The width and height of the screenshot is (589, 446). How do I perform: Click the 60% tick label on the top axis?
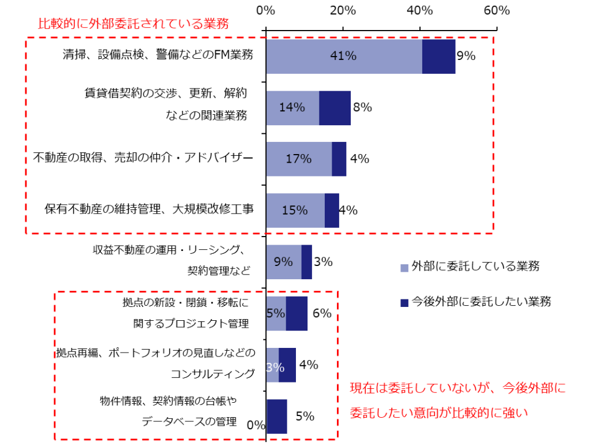click(497, 11)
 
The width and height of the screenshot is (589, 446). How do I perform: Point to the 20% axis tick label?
click(343, 11)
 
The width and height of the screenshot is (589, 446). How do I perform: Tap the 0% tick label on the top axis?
click(265, 11)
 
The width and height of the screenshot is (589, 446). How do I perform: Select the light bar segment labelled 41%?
click(344, 57)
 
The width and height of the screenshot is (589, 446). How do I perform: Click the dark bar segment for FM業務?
click(438, 57)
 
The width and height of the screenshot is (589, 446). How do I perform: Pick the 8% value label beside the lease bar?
click(362, 107)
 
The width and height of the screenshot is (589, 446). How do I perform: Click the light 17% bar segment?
click(299, 159)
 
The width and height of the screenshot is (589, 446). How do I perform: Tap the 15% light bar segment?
click(295, 211)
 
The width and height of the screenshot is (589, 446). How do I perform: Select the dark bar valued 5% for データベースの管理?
click(277, 416)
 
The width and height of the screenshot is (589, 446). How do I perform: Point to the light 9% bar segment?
click(283, 262)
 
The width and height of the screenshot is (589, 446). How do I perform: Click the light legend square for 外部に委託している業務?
click(404, 267)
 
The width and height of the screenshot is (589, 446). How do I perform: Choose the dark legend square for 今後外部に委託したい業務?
click(404, 302)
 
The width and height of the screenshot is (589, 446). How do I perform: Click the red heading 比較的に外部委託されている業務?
click(133, 24)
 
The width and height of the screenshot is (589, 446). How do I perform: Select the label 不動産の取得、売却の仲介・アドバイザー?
click(143, 158)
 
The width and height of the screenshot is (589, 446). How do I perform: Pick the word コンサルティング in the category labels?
click(212, 374)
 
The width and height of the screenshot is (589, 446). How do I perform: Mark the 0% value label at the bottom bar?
click(256, 425)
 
